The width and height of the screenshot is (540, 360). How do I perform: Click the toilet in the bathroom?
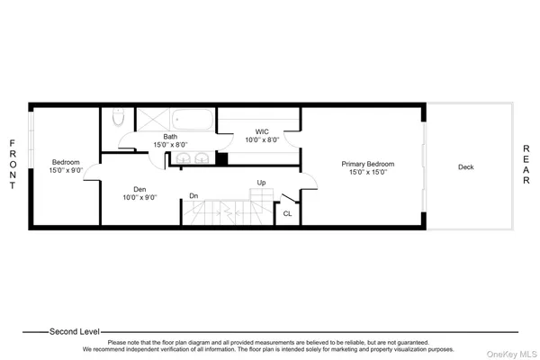click(x=117, y=119)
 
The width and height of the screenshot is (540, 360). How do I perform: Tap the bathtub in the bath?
click(x=193, y=119)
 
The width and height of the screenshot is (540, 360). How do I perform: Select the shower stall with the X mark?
click(x=151, y=119)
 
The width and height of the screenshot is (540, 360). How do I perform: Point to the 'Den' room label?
click(x=139, y=189)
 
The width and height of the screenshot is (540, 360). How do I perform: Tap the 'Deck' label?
click(x=465, y=166)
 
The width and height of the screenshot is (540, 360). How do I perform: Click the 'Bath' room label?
click(x=170, y=136)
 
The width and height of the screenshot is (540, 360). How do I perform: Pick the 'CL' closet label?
click(x=287, y=213)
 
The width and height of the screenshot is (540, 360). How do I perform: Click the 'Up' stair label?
click(x=261, y=182)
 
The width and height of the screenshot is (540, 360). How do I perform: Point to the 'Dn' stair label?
click(x=193, y=195)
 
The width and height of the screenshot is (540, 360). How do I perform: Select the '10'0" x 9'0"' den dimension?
click(x=139, y=197)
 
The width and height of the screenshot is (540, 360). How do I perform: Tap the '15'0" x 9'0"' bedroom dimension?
click(x=66, y=170)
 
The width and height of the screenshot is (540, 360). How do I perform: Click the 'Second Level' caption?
click(x=75, y=330)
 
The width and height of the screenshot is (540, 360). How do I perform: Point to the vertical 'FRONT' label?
click(x=12, y=165)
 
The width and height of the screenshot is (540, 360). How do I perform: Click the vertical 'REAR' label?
click(x=526, y=166)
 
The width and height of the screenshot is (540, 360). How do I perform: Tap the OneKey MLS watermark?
click(x=514, y=350)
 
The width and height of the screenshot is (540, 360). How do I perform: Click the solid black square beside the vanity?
click(x=221, y=159)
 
